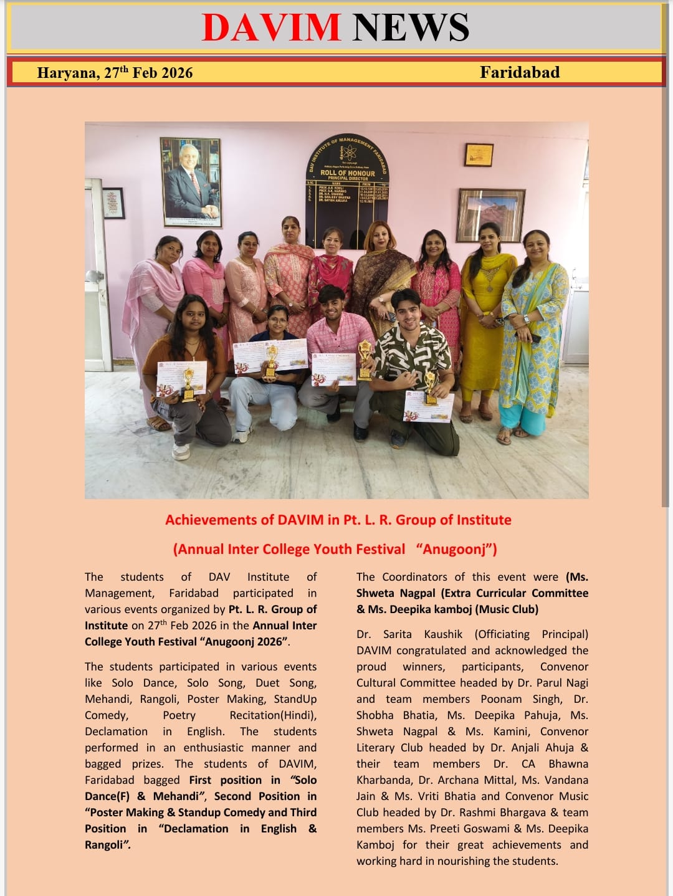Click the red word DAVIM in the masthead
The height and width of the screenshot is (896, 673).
tap(271, 27)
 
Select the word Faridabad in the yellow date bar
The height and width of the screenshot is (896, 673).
tap(519, 72)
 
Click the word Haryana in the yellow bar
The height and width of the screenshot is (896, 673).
tap(67, 73)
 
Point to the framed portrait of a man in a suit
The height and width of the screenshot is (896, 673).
tap(191, 181)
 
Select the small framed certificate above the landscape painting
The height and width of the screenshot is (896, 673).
tap(479, 155)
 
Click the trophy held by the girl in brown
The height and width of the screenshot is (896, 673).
tap(188, 384)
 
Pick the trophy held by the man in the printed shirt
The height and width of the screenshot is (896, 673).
tap(430, 388)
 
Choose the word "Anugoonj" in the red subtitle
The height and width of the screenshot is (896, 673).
tap(457, 549)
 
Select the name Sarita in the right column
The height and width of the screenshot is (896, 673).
tap(397, 634)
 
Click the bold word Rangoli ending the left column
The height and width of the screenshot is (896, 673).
tap(105, 845)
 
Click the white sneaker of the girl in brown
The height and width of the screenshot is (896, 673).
tap(181, 451)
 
